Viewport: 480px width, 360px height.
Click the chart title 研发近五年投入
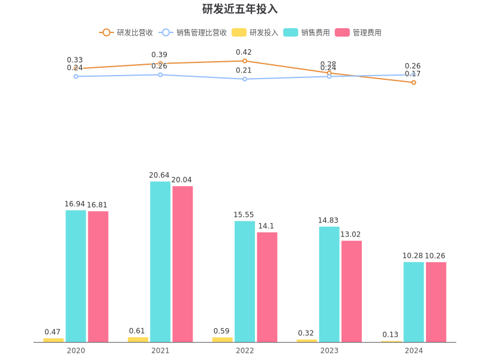[x=240, y=9]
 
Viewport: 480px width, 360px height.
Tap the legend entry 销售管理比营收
[x=193, y=32]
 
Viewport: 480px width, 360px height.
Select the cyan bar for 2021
[x=160, y=262]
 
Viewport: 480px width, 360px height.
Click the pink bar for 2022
[x=267, y=287]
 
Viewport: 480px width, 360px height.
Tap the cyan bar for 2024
[x=413, y=302]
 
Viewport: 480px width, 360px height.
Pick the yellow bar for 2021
[x=137, y=340]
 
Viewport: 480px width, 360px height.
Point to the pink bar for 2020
[x=98, y=277]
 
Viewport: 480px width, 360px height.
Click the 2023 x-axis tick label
[x=329, y=350]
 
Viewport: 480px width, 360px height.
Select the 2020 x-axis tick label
[x=76, y=350]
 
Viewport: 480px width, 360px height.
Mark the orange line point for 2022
[x=245, y=61]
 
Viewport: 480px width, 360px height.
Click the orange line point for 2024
[x=413, y=82]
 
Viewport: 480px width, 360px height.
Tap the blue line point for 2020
[x=76, y=76]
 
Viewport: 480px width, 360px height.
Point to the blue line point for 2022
[x=245, y=79]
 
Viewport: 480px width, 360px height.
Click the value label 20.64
[x=160, y=175]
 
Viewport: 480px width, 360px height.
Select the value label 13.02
[x=351, y=235]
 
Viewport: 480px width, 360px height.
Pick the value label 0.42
[x=244, y=52]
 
